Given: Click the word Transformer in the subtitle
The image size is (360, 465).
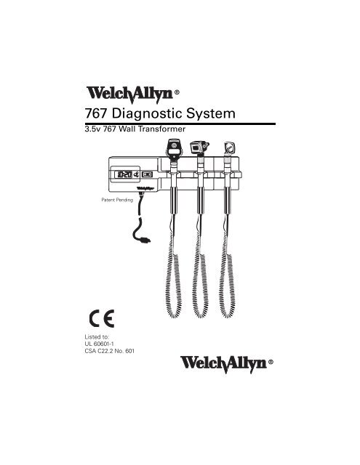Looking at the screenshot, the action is [162, 129].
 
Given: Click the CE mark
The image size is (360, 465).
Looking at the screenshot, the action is [102, 318].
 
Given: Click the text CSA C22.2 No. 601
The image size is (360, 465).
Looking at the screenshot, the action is [110, 351].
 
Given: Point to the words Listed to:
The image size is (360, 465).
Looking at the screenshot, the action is [97, 337].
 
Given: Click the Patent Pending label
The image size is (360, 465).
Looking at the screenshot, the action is [117, 200].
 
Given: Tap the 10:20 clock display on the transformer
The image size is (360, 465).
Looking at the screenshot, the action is [123, 174].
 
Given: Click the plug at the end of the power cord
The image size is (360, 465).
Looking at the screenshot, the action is [145, 240].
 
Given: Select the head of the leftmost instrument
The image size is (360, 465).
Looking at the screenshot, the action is [174, 150].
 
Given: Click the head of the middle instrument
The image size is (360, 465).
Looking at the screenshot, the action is [199, 147].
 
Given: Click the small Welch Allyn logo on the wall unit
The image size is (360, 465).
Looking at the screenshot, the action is [145, 188].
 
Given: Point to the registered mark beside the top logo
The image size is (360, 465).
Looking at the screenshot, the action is [177, 92].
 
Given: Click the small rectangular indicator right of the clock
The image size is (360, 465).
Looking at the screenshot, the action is [147, 174].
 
